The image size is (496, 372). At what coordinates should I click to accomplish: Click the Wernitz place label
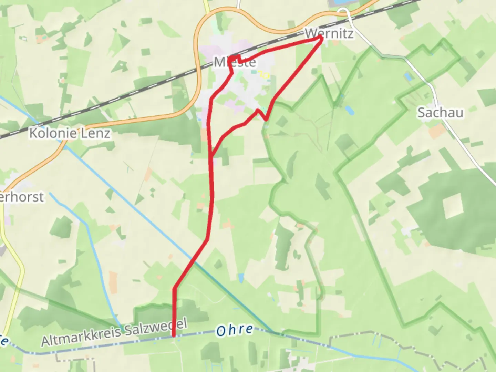pos(329,34)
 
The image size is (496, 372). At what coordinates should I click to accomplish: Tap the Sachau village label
pos(440,113)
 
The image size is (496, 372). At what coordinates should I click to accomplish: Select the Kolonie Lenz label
pos(70,133)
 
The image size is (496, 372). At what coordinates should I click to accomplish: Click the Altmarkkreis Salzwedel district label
pos(114,332)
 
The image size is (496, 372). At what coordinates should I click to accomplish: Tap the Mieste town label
pos(235,62)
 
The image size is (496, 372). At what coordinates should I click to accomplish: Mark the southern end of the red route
pos(174,335)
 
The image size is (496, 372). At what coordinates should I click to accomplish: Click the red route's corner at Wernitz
pos(322,38)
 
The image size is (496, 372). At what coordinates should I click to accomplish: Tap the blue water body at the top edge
pos(339,2)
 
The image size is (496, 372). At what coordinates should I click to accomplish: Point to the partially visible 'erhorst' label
pos(22,197)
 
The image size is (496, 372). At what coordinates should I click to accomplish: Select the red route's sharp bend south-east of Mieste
pos(266,120)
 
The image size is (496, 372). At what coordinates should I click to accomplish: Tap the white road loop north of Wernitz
pos(343,12)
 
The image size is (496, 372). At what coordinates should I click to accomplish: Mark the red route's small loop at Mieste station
pos(236,59)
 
